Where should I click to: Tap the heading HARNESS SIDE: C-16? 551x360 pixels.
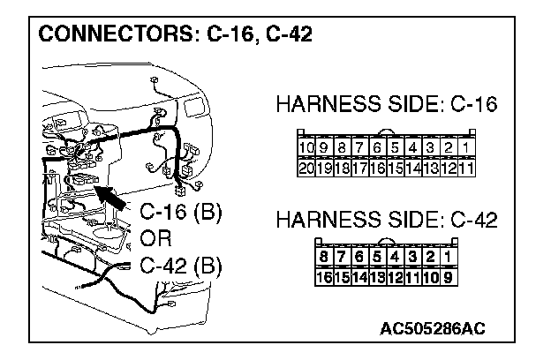click(x=387, y=105)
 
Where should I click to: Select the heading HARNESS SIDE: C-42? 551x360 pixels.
click(x=387, y=221)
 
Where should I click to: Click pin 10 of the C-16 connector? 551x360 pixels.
click(x=306, y=146)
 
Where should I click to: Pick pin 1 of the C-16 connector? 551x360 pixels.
click(x=466, y=146)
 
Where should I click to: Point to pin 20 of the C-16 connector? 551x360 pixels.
click(x=306, y=166)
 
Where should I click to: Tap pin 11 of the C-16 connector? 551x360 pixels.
click(x=466, y=166)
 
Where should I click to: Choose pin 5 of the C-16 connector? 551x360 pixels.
click(x=395, y=146)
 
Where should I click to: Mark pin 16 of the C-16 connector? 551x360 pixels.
click(x=377, y=166)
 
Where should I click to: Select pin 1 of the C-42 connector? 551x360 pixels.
click(x=449, y=258)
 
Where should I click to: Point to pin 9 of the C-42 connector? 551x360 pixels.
click(x=449, y=277)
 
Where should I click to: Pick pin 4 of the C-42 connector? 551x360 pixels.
click(x=396, y=258)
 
